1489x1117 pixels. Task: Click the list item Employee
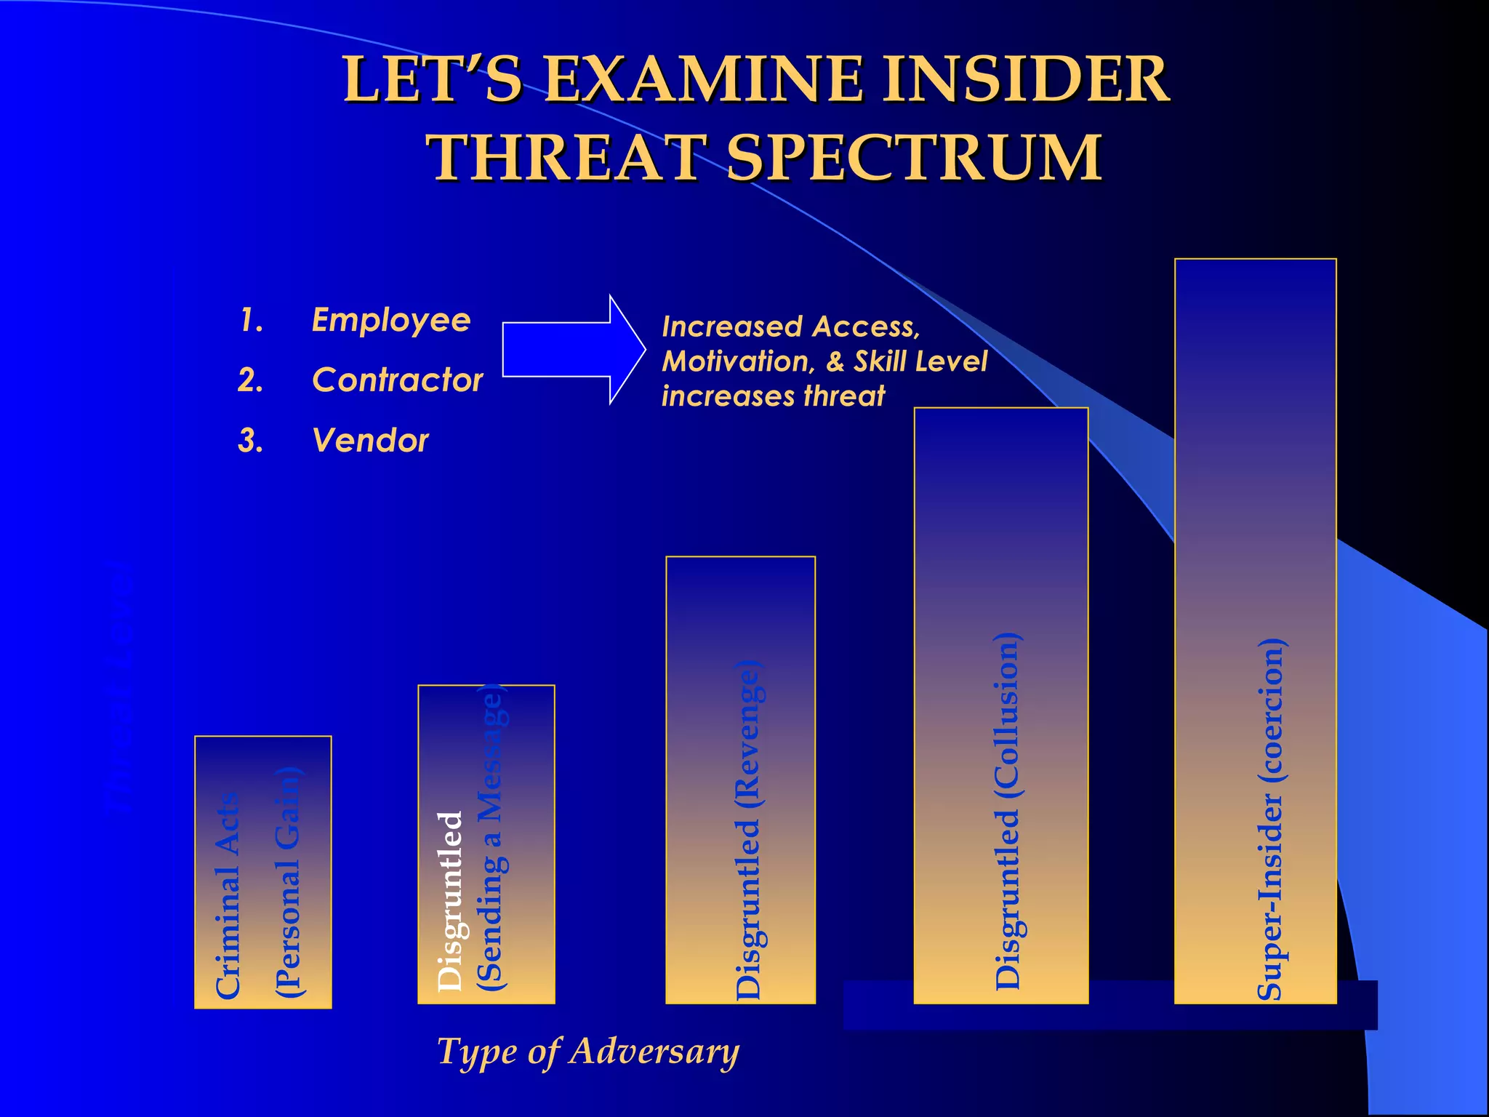point(391,320)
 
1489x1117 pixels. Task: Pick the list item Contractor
point(397,380)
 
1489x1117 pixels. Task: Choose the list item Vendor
point(370,440)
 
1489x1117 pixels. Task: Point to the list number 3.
point(250,441)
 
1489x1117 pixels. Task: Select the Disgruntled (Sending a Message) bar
point(486,844)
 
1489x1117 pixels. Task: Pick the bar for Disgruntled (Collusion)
point(1000,705)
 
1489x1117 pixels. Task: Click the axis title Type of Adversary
point(587,1052)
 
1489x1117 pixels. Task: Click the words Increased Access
point(790,327)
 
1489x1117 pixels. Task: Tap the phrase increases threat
point(773,396)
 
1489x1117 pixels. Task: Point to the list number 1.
point(250,320)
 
